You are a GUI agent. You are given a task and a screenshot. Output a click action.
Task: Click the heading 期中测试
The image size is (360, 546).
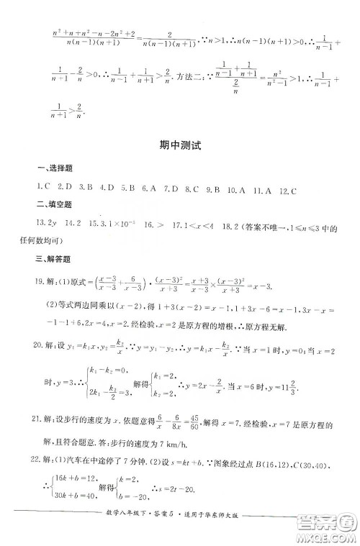[x=179, y=145]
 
